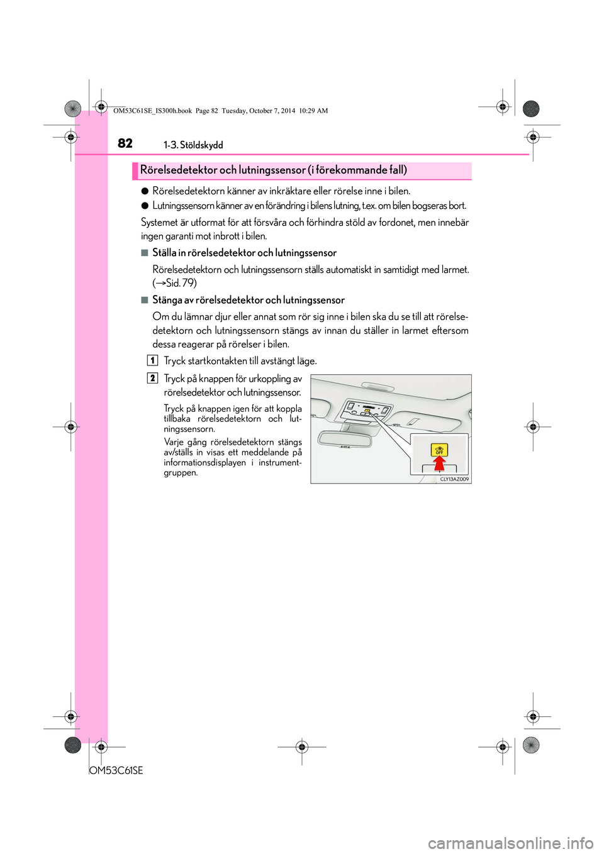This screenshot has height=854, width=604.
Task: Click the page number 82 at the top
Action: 125,143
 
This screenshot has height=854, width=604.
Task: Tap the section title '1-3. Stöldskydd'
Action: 193,145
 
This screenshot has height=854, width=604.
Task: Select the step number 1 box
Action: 152,360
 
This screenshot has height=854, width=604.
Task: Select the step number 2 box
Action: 152,378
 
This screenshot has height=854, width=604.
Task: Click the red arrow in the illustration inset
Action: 439,464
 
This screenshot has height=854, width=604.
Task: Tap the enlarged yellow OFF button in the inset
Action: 439,450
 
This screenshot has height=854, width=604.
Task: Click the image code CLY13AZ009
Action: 454,479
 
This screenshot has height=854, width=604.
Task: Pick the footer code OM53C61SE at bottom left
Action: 116,770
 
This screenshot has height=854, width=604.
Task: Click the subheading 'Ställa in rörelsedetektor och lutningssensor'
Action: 244,253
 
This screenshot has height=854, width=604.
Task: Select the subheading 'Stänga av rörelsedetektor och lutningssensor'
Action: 249,300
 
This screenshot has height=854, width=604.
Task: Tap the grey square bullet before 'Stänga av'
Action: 145,300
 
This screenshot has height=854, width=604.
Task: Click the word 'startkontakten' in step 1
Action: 217,361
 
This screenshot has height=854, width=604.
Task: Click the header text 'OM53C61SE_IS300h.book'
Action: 152,111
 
